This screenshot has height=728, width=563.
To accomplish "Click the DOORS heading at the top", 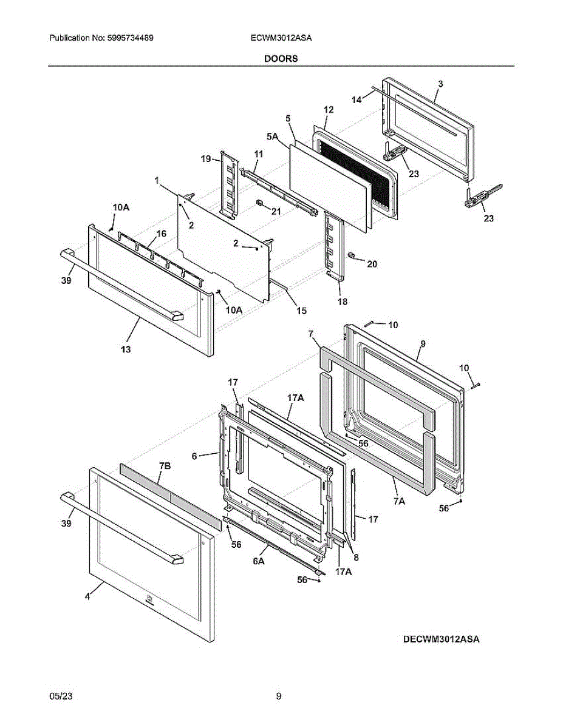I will [281, 59].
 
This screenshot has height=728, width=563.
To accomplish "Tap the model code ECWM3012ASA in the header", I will [281, 38].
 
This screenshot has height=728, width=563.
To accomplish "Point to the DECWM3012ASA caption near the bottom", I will [440, 639].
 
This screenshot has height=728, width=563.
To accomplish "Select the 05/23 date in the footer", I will [58, 696].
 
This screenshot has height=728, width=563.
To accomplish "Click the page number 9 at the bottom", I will [278, 696].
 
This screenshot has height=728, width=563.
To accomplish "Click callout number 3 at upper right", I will [440, 84].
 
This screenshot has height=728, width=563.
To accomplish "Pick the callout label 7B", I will [164, 465].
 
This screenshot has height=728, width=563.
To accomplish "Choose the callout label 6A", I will [258, 562].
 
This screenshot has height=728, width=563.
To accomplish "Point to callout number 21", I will [276, 211].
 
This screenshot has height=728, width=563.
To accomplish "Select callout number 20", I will [372, 264].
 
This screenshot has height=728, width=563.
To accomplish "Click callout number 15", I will [301, 311].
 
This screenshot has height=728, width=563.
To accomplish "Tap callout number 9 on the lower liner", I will [423, 343].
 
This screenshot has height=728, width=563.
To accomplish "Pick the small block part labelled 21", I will [259, 203].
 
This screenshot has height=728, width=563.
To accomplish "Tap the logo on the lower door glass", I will [149, 600].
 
